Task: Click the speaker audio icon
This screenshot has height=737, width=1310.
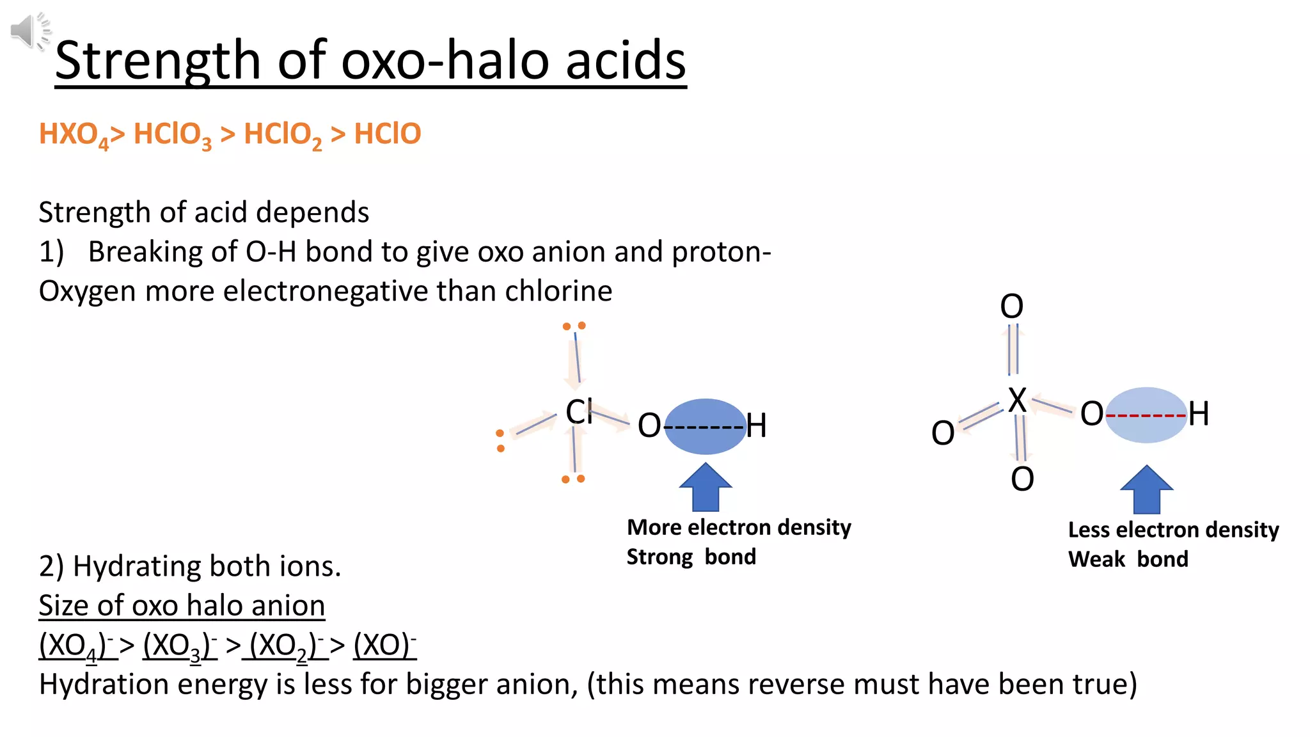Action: tap(29, 31)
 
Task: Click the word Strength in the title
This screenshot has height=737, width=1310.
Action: tap(157, 61)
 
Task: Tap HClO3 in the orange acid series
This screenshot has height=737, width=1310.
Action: tap(172, 135)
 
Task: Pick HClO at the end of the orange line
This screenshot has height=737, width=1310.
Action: tap(387, 134)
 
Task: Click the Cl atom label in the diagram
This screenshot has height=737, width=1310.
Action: tap(579, 411)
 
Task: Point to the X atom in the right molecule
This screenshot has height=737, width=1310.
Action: tap(1016, 400)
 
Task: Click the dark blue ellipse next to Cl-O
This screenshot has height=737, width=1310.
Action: tap(705, 426)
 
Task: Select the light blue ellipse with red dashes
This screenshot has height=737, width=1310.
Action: tap(1146, 415)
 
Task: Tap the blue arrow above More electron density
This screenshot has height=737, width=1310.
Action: tap(705, 487)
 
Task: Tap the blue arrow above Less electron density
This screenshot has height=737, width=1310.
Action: tap(1146, 489)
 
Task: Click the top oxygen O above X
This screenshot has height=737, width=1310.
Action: tap(1011, 306)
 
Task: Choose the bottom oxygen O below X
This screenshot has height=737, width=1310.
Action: tap(1022, 479)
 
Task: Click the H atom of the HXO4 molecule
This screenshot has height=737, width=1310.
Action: tap(1199, 413)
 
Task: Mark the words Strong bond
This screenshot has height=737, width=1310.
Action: tap(691, 557)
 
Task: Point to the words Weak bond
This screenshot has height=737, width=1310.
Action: tap(1128, 559)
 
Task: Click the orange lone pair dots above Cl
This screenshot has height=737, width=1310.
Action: tap(574, 326)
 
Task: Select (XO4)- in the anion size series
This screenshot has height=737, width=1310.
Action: tap(77, 645)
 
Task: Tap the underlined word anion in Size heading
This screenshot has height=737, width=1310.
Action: tap(288, 605)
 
